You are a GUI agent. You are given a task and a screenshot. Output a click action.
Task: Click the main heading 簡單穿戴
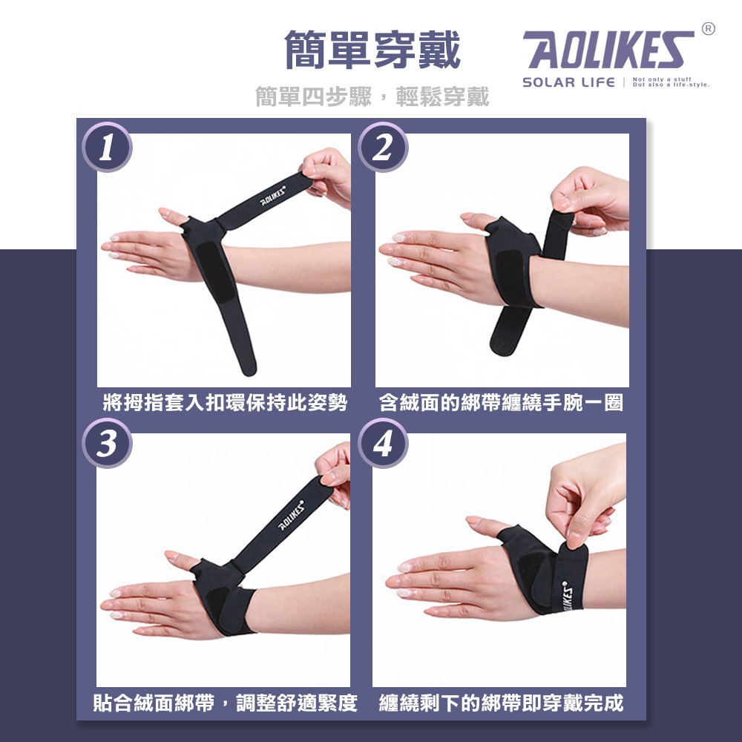coord(372,50)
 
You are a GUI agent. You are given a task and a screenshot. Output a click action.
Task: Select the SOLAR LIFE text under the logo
coord(568,82)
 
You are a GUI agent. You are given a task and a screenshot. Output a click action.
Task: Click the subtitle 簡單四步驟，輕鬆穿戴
coord(372,96)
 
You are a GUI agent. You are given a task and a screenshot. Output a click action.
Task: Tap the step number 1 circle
coord(107,148)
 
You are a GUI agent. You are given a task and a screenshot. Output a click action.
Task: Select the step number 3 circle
coord(107,443)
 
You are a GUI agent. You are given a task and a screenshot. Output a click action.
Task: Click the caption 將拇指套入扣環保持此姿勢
coord(225,404)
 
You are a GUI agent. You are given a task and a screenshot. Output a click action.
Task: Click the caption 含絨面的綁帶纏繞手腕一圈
coord(501,404)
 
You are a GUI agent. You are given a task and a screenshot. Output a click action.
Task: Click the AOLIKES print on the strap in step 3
coord(291,514)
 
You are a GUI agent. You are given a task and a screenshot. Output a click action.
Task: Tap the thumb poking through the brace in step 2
coord(479,220)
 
